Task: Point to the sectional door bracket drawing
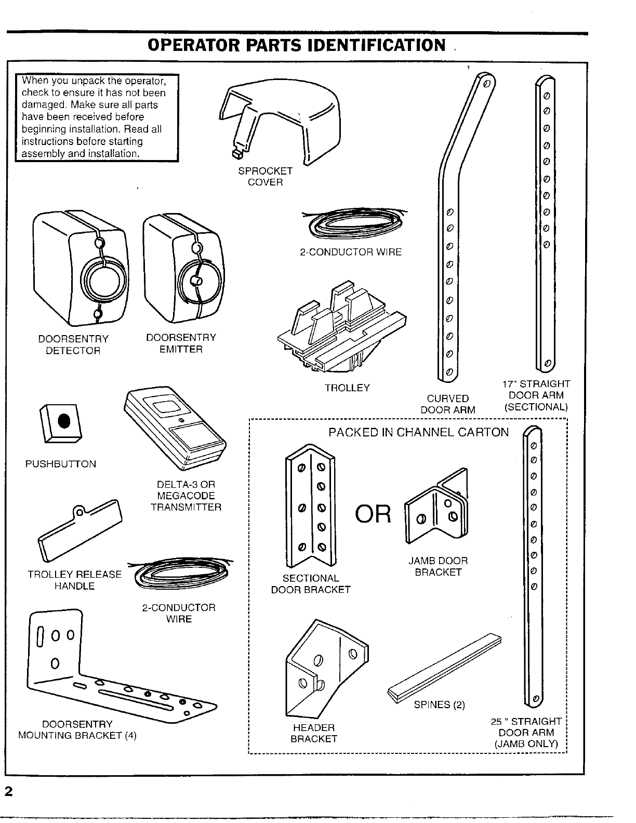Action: [x=311, y=507]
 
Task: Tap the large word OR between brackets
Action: [x=373, y=514]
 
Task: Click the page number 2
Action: [x=8, y=792]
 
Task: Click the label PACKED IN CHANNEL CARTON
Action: [x=419, y=432]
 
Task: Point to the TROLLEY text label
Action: [x=347, y=388]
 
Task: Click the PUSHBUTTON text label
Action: [x=61, y=464]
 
